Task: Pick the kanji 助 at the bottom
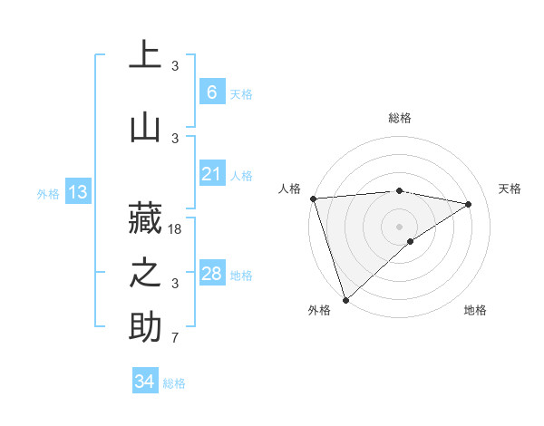click(x=145, y=326)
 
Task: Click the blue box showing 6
click(x=211, y=92)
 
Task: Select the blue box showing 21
click(x=211, y=174)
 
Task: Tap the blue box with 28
click(x=211, y=274)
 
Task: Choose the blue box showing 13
click(x=77, y=192)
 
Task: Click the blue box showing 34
click(x=144, y=382)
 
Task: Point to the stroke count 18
click(x=176, y=229)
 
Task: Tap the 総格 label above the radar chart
click(x=399, y=118)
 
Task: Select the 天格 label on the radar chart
click(x=510, y=189)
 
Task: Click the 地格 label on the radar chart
click(x=475, y=310)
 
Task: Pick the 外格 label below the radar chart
click(x=319, y=310)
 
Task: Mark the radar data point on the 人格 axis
click(x=313, y=198)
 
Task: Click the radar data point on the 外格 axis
click(x=345, y=299)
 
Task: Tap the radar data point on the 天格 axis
click(x=469, y=204)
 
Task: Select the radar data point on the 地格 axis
click(x=411, y=241)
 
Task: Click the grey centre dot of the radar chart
click(x=399, y=226)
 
